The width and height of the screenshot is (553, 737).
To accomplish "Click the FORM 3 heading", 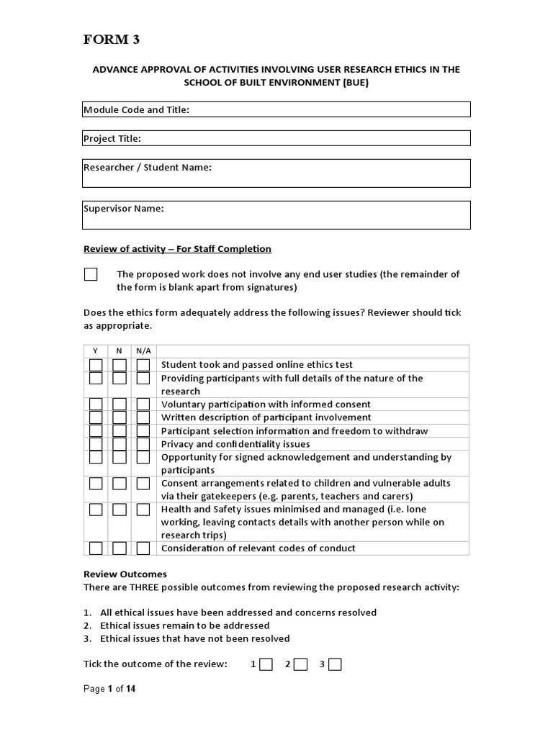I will point(112,40).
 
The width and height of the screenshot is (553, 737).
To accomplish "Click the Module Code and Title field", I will point(276,109).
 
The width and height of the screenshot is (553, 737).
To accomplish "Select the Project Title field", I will point(276,138).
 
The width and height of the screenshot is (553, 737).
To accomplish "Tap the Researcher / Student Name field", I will point(276,173).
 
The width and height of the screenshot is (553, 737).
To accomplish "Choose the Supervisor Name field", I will point(276,215).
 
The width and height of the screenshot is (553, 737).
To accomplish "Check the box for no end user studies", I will point(91,274).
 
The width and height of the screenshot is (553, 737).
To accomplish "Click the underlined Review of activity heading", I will point(177,249).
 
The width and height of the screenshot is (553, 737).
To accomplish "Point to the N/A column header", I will point(143,351).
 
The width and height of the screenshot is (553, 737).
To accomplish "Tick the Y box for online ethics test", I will point(96,365).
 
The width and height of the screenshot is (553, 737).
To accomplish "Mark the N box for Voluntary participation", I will point(120,404).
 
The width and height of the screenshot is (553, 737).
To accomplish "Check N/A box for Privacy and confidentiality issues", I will point(143,444).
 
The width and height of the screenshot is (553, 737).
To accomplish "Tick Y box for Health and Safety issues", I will point(96,510).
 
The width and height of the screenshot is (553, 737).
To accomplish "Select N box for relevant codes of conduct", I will point(120,548).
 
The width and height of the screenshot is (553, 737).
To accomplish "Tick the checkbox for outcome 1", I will point(266,664).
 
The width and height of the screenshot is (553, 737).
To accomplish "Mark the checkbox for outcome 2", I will point(300,664).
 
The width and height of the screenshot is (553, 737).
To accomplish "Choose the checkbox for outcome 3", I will point(335,664).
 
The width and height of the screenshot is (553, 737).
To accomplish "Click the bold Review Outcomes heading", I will point(125,574).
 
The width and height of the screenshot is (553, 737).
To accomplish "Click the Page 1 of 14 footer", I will point(109,689).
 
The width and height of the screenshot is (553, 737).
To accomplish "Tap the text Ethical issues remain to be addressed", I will point(184,625).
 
